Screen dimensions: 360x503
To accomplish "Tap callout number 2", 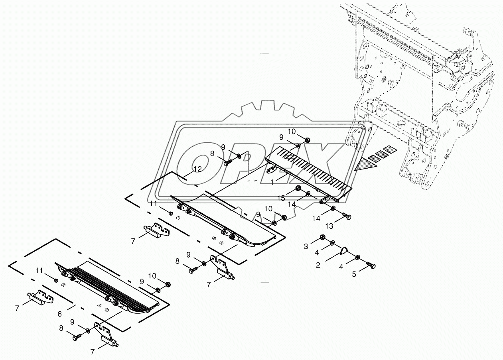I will [318, 265].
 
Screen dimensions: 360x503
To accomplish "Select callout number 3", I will [306, 247].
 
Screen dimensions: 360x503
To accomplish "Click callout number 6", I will [59, 314].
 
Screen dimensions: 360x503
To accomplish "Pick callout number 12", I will [197, 169].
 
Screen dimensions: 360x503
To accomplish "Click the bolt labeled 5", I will [370, 264].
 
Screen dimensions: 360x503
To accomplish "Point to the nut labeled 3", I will [322, 238].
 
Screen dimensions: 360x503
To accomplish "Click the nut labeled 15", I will [298, 188].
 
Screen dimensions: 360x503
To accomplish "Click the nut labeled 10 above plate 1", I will [308, 140].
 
